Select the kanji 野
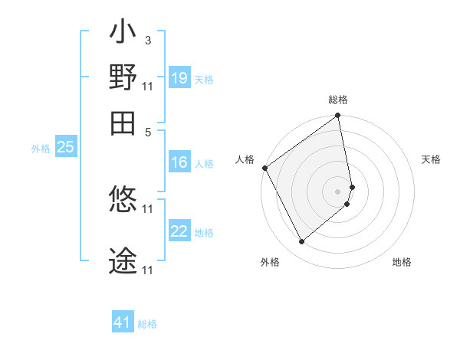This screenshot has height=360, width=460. coord(123,77)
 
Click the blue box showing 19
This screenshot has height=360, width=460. coord(179,78)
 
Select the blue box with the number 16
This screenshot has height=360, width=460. coord(179,162)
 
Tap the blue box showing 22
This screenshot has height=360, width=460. coord(179,231)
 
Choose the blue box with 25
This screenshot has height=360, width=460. coord(65,148)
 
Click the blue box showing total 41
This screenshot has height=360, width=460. coord(123,323)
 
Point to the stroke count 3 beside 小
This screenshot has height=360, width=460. coord(147,40)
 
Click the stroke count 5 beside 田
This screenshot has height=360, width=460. coord(147,132)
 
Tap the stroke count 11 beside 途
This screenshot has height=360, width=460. coord(148,270)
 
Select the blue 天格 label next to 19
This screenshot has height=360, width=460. coord(204,79)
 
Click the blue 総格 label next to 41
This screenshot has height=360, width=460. coord(147,324)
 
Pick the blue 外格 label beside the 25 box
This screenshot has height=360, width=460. coord(41,149)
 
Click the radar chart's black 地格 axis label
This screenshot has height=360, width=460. coord(402,262)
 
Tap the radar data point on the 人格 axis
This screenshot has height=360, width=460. coord(264,168)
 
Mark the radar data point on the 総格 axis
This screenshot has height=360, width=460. coord(338,116)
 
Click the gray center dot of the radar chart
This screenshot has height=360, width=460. coord(338,190)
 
